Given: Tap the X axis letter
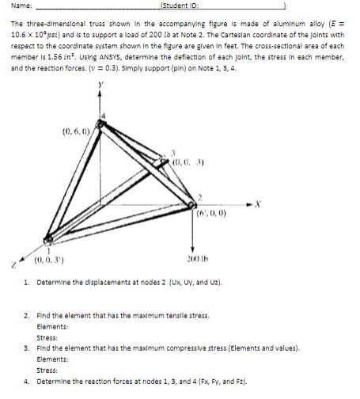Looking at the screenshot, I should pyautogui.click(x=256, y=203).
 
